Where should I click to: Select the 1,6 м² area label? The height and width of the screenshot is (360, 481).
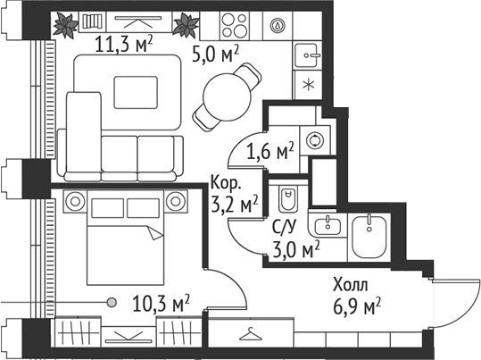pos(272,152)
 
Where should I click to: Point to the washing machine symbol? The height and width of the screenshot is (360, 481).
pos(313,140)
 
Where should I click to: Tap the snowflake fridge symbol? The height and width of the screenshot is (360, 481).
pos(308,85)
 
